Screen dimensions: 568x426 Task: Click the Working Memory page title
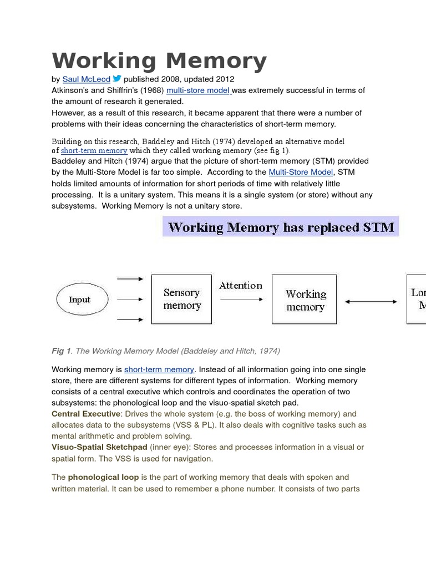pyautogui.click(x=159, y=60)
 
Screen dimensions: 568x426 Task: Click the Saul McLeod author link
pyautogui.click(x=86, y=79)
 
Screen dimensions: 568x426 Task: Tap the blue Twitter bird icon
pyautogui.click(x=117, y=79)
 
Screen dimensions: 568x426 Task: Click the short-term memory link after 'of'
pyautogui.click(x=94, y=150)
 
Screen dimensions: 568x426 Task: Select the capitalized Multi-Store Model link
pyautogui.click(x=301, y=172)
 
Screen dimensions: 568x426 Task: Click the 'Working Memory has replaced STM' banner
pyautogui.click(x=281, y=227)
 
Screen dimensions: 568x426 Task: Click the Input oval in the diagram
pyautogui.click(x=79, y=300)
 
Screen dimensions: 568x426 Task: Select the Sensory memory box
pyautogui.click(x=181, y=299)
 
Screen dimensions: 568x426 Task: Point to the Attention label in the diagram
pyautogui.click(x=240, y=286)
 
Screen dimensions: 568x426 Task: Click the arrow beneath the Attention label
pyautogui.click(x=241, y=300)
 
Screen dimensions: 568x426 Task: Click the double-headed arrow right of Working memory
pyautogui.click(x=371, y=302)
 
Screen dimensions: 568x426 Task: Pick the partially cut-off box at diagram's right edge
pyautogui.click(x=417, y=299)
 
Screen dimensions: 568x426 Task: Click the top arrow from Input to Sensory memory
pyautogui.click(x=130, y=280)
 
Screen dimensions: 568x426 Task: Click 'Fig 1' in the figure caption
pyautogui.click(x=61, y=351)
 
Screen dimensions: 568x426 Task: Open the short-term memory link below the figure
pyautogui.click(x=159, y=369)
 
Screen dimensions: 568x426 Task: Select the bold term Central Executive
pyautogui.click(x=86, y=414)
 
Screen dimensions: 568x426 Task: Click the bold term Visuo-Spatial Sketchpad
pyautogui.click(x=99, y=447)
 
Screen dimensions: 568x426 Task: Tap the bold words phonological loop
pyautogui.click(x=103, y=477)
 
